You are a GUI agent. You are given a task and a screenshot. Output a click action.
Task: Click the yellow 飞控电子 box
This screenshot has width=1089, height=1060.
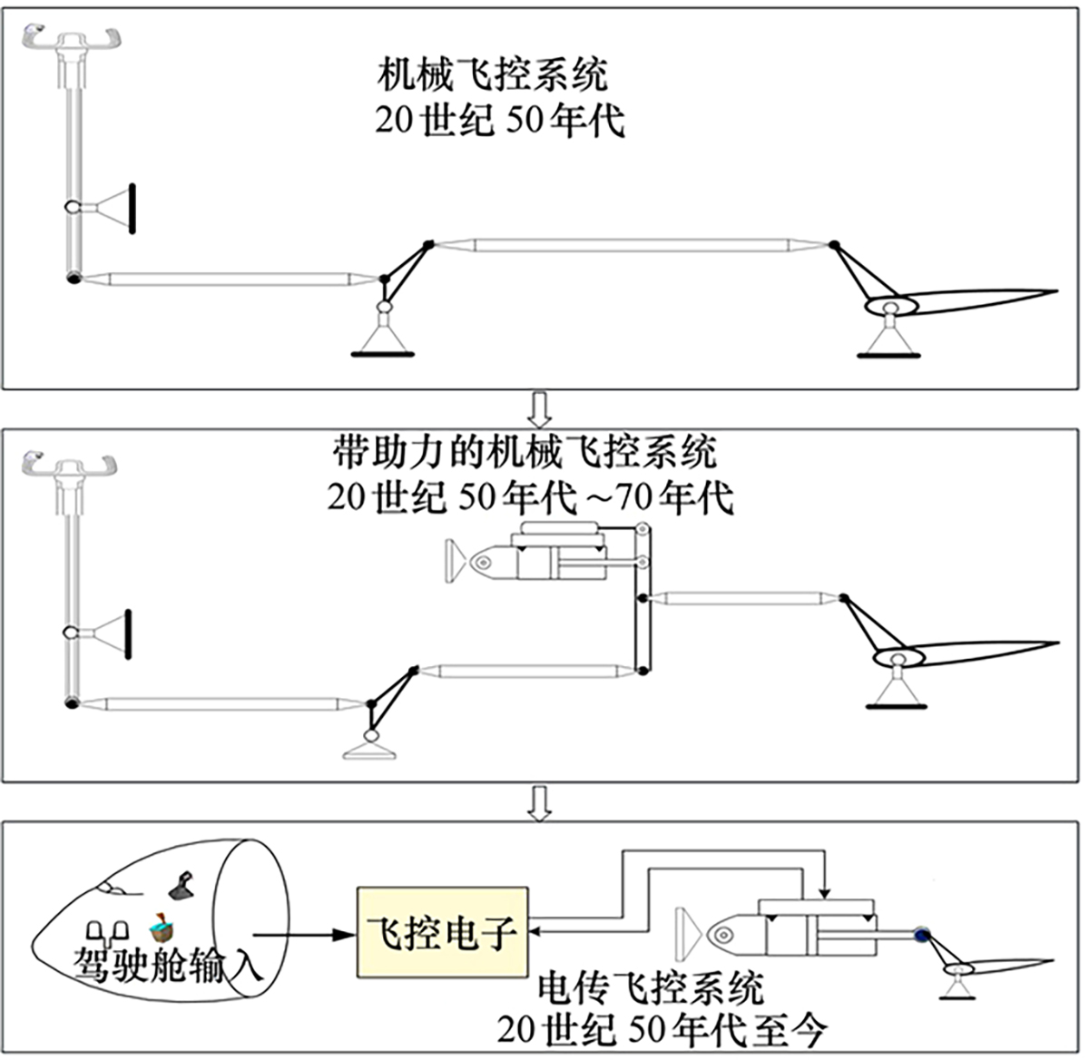tap(443, 930)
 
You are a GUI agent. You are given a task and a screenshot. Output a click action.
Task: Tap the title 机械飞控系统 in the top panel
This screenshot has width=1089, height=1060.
tap(492, 74)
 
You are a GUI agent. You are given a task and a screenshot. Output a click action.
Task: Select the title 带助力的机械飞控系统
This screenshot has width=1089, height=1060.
tap(525, 450)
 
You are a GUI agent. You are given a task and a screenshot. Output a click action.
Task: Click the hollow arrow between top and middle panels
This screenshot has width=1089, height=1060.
tap(541, 408)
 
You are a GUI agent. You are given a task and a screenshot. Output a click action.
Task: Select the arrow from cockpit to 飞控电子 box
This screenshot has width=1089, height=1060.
tap(304, 933)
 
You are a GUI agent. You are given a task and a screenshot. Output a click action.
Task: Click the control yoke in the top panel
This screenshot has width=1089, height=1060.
tap(71, 41)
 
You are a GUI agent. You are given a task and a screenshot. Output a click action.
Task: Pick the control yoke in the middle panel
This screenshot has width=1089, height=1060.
tap(71, 466)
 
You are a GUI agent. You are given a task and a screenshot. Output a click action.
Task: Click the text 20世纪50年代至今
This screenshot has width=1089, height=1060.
tap(662, 1030)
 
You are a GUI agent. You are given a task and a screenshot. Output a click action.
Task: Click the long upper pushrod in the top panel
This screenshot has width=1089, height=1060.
tap(631, 244)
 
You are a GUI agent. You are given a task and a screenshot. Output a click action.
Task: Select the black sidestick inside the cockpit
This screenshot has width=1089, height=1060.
tap(181, 885)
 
